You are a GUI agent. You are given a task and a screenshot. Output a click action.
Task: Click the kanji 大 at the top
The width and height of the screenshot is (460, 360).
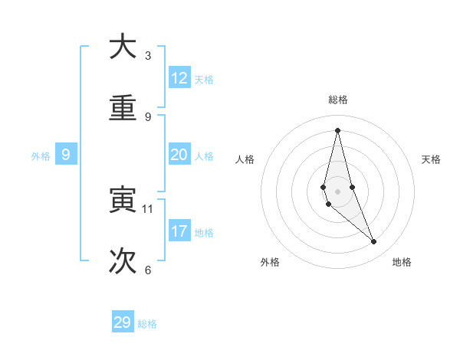pos(123,47)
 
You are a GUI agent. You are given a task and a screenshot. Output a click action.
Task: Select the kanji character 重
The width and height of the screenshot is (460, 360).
pos(123,109)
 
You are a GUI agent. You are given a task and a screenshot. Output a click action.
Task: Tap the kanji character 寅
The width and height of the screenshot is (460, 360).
pos(123,200)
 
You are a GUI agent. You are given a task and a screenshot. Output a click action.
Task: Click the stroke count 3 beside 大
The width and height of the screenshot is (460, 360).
pos(148,55)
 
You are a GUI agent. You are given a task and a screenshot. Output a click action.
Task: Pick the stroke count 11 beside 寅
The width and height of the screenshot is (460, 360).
pos(148,208)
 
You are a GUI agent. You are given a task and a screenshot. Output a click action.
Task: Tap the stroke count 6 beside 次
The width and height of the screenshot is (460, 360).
pos(148,270)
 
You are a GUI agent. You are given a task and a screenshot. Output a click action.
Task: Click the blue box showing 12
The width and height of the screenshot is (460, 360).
pos(179,78)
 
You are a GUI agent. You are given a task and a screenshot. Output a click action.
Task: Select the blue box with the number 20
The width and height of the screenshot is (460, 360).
pos(179,155)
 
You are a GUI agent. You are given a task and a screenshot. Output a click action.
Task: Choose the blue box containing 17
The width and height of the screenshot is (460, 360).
pos(179,231)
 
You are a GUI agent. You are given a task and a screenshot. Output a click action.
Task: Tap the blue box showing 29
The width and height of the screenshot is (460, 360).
pos(123,322)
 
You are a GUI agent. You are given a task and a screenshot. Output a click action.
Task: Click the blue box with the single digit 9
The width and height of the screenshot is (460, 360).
pos(66,155)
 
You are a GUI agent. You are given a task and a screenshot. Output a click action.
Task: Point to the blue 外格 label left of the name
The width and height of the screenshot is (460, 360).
pos(41,156)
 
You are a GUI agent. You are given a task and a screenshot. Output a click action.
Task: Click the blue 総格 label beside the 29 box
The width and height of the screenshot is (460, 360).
pos(147,324)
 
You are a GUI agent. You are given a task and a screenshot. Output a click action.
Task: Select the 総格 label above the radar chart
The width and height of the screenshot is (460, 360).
pos(338,100)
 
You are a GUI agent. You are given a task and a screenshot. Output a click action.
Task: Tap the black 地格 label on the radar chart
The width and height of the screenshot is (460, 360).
pos(402,262)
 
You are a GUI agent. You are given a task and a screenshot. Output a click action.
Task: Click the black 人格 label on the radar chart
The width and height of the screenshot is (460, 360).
pos(245,159)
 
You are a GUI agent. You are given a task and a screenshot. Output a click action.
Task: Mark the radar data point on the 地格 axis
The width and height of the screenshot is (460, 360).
pos(374,242)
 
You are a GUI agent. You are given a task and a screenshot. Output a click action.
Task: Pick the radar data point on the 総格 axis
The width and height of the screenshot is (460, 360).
pos(337,130)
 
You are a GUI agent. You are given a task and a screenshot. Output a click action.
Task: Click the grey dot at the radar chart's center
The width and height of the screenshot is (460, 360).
pos(337,191)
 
